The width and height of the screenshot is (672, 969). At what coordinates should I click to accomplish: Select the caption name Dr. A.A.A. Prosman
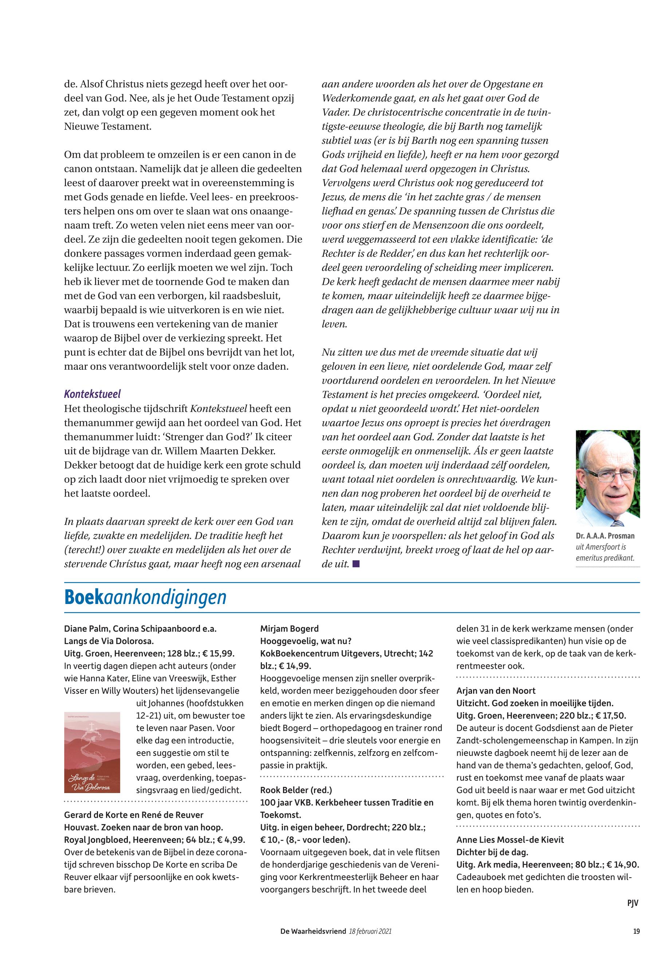(605, 536)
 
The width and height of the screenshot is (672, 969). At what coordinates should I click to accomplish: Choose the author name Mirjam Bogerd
(289, 629)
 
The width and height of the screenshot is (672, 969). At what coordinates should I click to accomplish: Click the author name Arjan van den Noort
(496, 691)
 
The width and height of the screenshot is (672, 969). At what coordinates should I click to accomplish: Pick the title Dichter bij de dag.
(492, 852)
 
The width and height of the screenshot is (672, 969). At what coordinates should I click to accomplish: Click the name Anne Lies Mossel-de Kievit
(510, 840)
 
